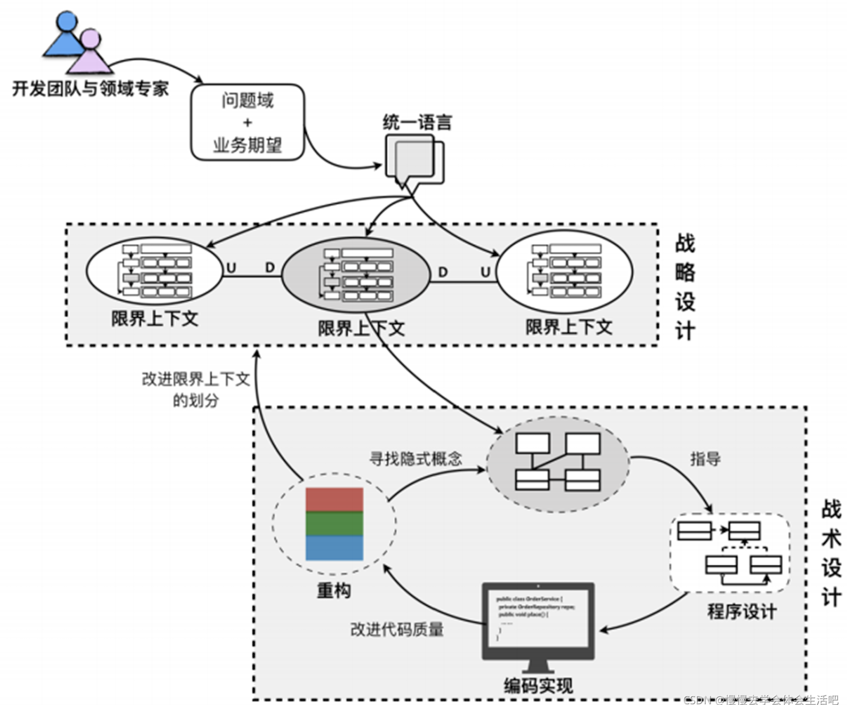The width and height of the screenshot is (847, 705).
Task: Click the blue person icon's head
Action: point(67,22)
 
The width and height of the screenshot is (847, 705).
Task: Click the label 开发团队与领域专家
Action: point(90,89)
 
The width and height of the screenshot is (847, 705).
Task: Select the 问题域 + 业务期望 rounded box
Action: point(248,122)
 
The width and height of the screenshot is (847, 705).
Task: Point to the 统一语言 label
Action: point(417,122)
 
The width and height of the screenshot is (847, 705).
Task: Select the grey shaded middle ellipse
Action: point(355,275)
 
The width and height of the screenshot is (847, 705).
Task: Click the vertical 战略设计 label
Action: point(685,287)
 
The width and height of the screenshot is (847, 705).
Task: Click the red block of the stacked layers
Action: point(334,500)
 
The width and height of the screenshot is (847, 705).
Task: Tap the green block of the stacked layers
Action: point(334,523)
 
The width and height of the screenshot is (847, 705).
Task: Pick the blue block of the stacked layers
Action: point(334,548)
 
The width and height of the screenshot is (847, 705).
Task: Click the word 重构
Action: point(334,590)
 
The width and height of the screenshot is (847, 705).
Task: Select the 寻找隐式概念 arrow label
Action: point(416,458)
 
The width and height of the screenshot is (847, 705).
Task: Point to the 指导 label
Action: point(705,458)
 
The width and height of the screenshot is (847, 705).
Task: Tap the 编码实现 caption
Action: point(538,686)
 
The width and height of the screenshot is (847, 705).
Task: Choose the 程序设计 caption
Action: point(742,612)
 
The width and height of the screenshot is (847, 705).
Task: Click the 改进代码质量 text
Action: point(397,629)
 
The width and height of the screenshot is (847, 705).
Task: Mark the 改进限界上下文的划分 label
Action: point(196,389)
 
